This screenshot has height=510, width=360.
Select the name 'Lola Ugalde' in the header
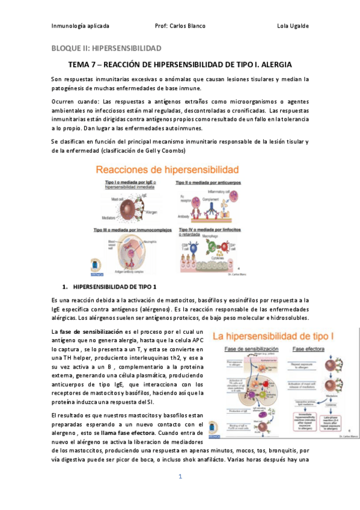pyautogui.click(x=293, y=26)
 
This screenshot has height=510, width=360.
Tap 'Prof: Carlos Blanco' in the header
pyautogui.click(x=180, y=26)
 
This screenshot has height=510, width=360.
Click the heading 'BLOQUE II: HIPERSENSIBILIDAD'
pyautogui.click(x=106, y=48)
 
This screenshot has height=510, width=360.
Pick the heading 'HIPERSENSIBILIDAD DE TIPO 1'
pyautogui.click(x=114, y=286)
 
